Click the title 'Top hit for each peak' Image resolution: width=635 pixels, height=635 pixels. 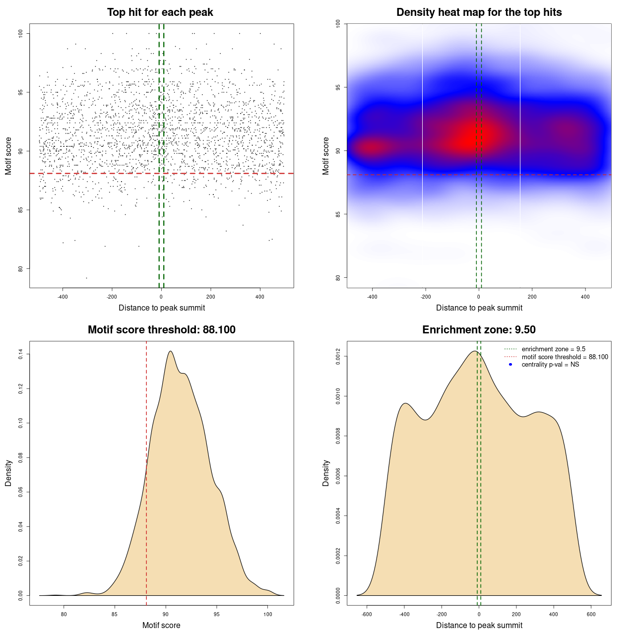click(x=160, y=12)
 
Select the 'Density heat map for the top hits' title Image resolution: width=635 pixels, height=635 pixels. click(x=479, y=12)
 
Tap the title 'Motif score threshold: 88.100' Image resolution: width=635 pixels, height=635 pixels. click(x=161, y=330)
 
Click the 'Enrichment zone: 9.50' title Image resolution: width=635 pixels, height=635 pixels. click(x=479, y=330)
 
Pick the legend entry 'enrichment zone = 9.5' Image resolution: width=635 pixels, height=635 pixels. click(x=553, y=349)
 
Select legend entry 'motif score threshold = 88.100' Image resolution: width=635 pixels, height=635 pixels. click(x=565, y=357)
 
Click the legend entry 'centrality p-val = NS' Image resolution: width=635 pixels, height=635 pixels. click(x=550, y=365)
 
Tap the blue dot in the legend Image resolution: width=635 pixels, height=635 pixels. click(x=510, y=365)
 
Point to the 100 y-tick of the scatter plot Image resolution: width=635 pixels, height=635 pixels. click(x=21, y=33)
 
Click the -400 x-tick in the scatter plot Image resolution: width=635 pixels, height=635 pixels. click(x=63, y=297)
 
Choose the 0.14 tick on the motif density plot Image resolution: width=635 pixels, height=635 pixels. click(x=21, y=354)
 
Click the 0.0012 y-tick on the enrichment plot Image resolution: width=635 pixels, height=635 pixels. click(x=338, y=357)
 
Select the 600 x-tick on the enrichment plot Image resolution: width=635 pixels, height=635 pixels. click(x=591, y=615)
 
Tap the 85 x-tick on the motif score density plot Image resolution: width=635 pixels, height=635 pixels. click(x=115, y=615)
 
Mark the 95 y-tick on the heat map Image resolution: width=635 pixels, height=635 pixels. click(x=338, y=87)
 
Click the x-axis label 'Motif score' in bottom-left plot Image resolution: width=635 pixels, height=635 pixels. click(x=161, y=626)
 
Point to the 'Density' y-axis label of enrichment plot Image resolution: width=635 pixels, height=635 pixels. click(x=326, y=473)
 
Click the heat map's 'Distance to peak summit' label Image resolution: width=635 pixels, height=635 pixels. click(x=479, y=308)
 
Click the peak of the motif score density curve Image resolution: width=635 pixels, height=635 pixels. click(x=170, y=351)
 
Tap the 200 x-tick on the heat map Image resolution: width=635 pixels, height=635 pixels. click(x=532, y=297)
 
